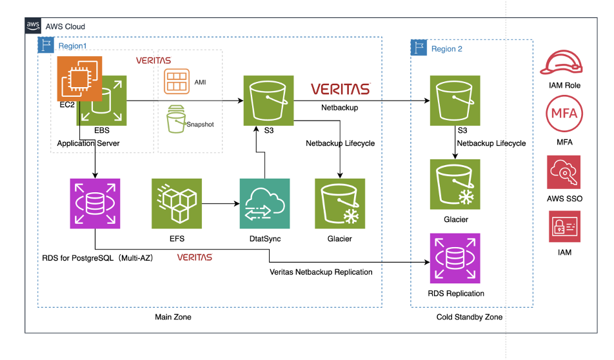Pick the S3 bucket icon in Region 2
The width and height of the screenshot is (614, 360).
456,101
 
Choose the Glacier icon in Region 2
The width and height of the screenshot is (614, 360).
456,185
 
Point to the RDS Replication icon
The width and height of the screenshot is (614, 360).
456,259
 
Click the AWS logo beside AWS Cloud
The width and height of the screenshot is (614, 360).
33,26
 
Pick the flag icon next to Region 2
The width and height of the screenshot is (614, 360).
419,48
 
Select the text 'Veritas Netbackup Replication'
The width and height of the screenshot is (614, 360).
321,272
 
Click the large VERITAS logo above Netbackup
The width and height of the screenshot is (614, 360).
340,89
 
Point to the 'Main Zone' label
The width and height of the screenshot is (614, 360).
173,317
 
